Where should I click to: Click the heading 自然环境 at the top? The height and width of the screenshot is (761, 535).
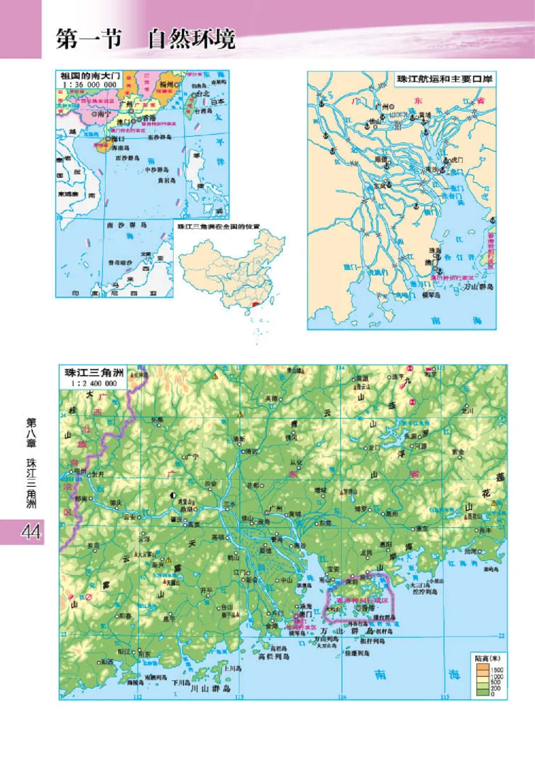point(192,39)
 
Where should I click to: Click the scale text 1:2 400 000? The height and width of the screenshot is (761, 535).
point(92,383)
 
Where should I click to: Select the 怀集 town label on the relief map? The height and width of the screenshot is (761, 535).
point(157,420)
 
